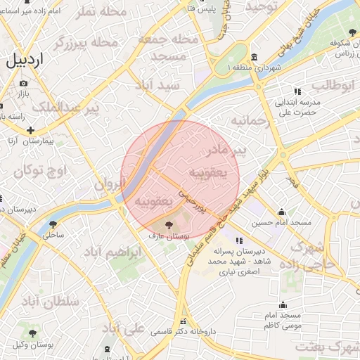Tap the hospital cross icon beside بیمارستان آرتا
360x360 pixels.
31,130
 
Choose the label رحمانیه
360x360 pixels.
249,121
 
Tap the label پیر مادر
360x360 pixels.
229,150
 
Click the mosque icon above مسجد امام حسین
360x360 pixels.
282,212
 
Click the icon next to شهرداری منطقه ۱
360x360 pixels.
253,57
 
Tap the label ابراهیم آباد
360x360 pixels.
114,251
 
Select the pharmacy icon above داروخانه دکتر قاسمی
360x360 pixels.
183,321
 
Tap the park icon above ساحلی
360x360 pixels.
53,225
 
